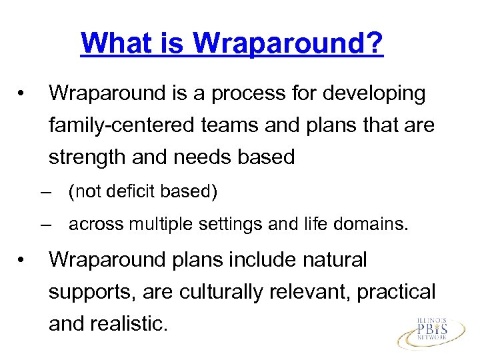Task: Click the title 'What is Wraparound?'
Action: pos(231,44)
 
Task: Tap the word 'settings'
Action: pos(227,225)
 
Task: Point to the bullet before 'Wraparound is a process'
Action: pos(23,95)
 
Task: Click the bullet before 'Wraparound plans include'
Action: pos(23,260)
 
